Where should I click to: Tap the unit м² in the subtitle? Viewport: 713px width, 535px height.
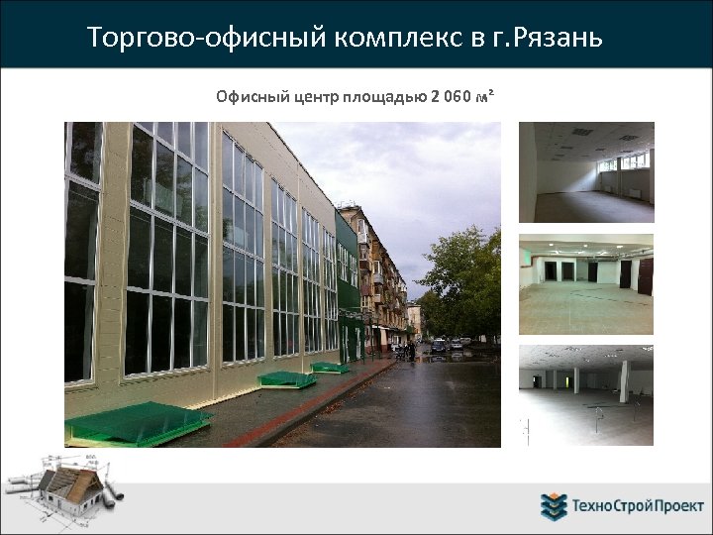483,96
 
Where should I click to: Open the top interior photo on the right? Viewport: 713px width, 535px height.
586,171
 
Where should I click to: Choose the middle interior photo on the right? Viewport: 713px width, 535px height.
586,284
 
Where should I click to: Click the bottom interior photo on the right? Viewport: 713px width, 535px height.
586,394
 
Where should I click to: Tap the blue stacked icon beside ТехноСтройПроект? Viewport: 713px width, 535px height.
554,506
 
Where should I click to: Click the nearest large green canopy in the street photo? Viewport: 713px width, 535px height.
138,420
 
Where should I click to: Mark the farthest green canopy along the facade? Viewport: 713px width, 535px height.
331,368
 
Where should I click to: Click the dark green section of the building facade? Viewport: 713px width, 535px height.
348,297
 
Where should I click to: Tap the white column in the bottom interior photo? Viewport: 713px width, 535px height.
624,380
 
